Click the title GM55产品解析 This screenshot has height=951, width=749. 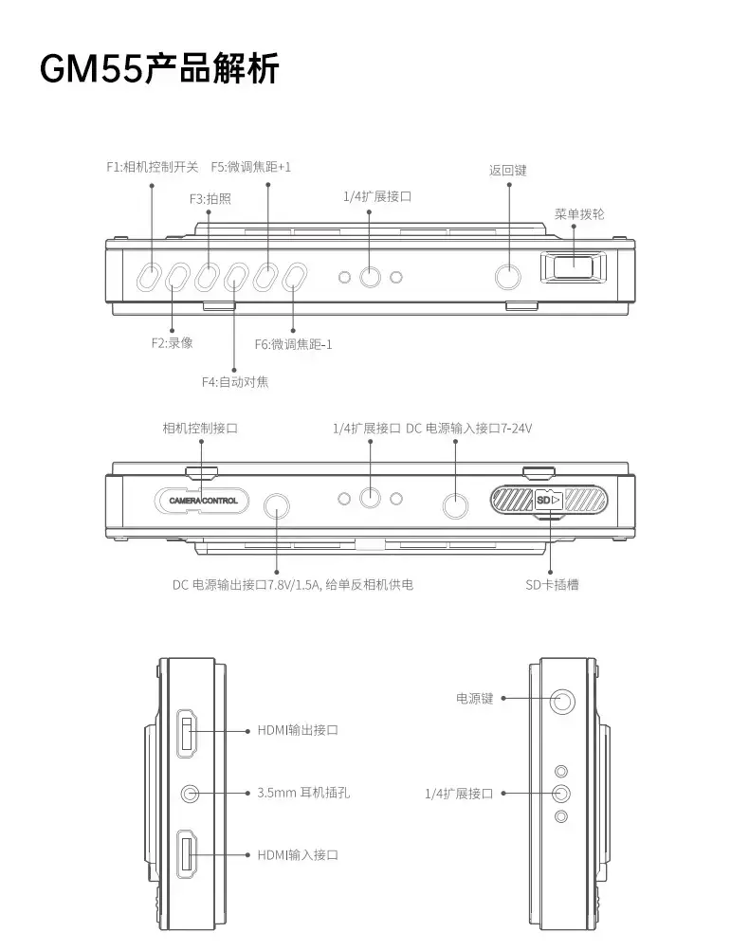click(159, 68)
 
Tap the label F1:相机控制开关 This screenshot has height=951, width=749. click(153, 167)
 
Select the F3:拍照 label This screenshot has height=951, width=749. click(210, 199)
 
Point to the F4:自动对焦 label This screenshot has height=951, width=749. click(235, 381)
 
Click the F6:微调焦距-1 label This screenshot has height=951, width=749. click(293, 344)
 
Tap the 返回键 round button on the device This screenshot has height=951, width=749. click(507, 277)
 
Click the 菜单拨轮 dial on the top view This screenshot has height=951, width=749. click(573, 267)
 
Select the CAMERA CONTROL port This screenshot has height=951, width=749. click(202, 501)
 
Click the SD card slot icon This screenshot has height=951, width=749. click(549, 500)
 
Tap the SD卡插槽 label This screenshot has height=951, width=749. click(552, 585)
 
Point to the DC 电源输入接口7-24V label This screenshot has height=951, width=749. click(468, 429)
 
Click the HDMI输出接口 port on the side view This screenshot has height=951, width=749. click(187, 733)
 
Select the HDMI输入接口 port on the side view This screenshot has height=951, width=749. click(187, 854)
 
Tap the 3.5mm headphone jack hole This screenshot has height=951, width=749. click(191, 794)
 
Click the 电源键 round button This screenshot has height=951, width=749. click(562, 702)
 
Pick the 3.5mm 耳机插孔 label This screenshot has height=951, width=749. click(303, 793)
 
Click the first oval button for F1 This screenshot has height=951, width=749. click(147, 277)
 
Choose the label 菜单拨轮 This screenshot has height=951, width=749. click(579, 214)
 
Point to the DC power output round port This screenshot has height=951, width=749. click(277, 505)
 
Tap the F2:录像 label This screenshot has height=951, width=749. click(173, 343)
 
